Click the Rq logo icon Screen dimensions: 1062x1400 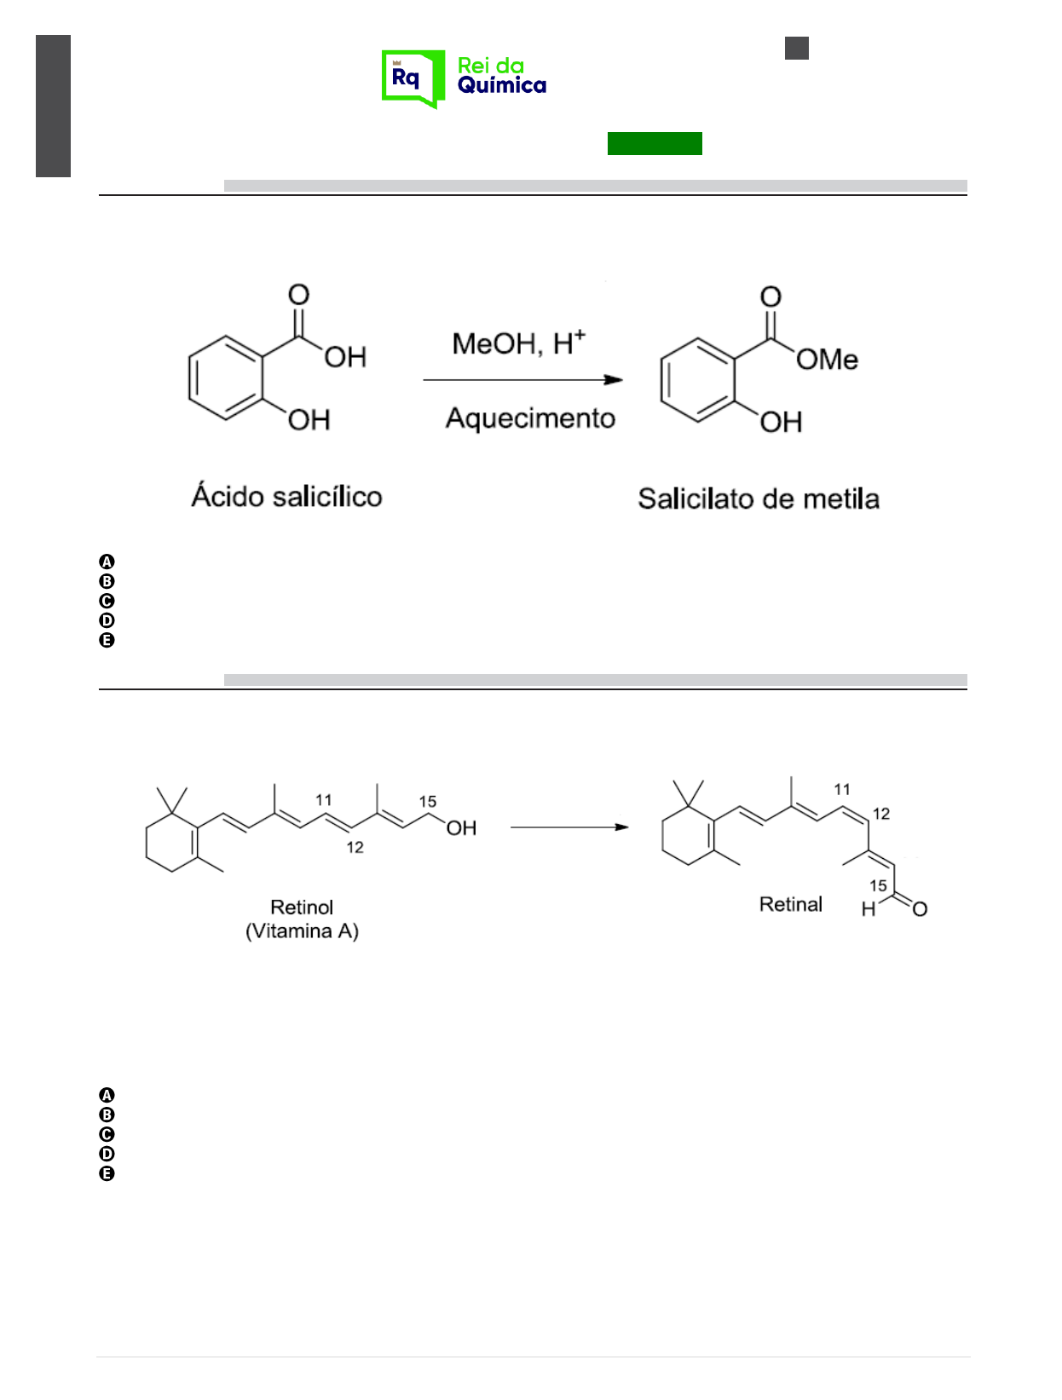pyautogui.click(x=413, y=78)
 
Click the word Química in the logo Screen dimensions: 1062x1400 pyautogui.click(x=501, y=86)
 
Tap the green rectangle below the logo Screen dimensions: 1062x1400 pyautogui.click(x=655, y=143)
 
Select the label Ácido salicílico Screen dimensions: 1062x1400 pyautogui.click(x=286, y=496)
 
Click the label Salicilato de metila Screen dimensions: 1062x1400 pyautogui.click(x=759, y=498)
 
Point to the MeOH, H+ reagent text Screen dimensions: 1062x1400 pyautogui.click(x=518, y=343)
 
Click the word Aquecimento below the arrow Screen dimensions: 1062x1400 pyautogui.click(x=530, y=418)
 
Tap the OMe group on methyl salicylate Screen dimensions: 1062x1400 pyautogui.click(x=827, y=360)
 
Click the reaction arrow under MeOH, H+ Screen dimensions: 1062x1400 pyautogui.click(x=522, y=380)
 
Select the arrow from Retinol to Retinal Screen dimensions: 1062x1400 pyautogui.click(x=569, y=827)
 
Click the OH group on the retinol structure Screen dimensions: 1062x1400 pyautogui.click(x=461, y=828)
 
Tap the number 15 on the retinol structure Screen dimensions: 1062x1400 pyautogui.click(x=427, y=802)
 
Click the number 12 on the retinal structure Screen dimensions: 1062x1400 pyautogui.click(x=881, y=814)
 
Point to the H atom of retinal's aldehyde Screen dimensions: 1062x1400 pyautogui.click(x=869, y=909)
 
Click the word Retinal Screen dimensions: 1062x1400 pyautogui.click(x=790, y=904)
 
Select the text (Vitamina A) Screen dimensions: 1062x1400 pyautogui.click(x=302, y=930)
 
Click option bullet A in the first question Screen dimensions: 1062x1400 pyautogui.click(x=107, y=562)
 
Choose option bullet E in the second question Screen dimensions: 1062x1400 pyautogui.click(x=107, y=1173)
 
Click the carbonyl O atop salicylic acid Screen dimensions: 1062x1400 pyautogui.click(x=298, y=295)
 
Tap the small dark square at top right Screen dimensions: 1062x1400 pyautogui.click(x=796, y=48)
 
